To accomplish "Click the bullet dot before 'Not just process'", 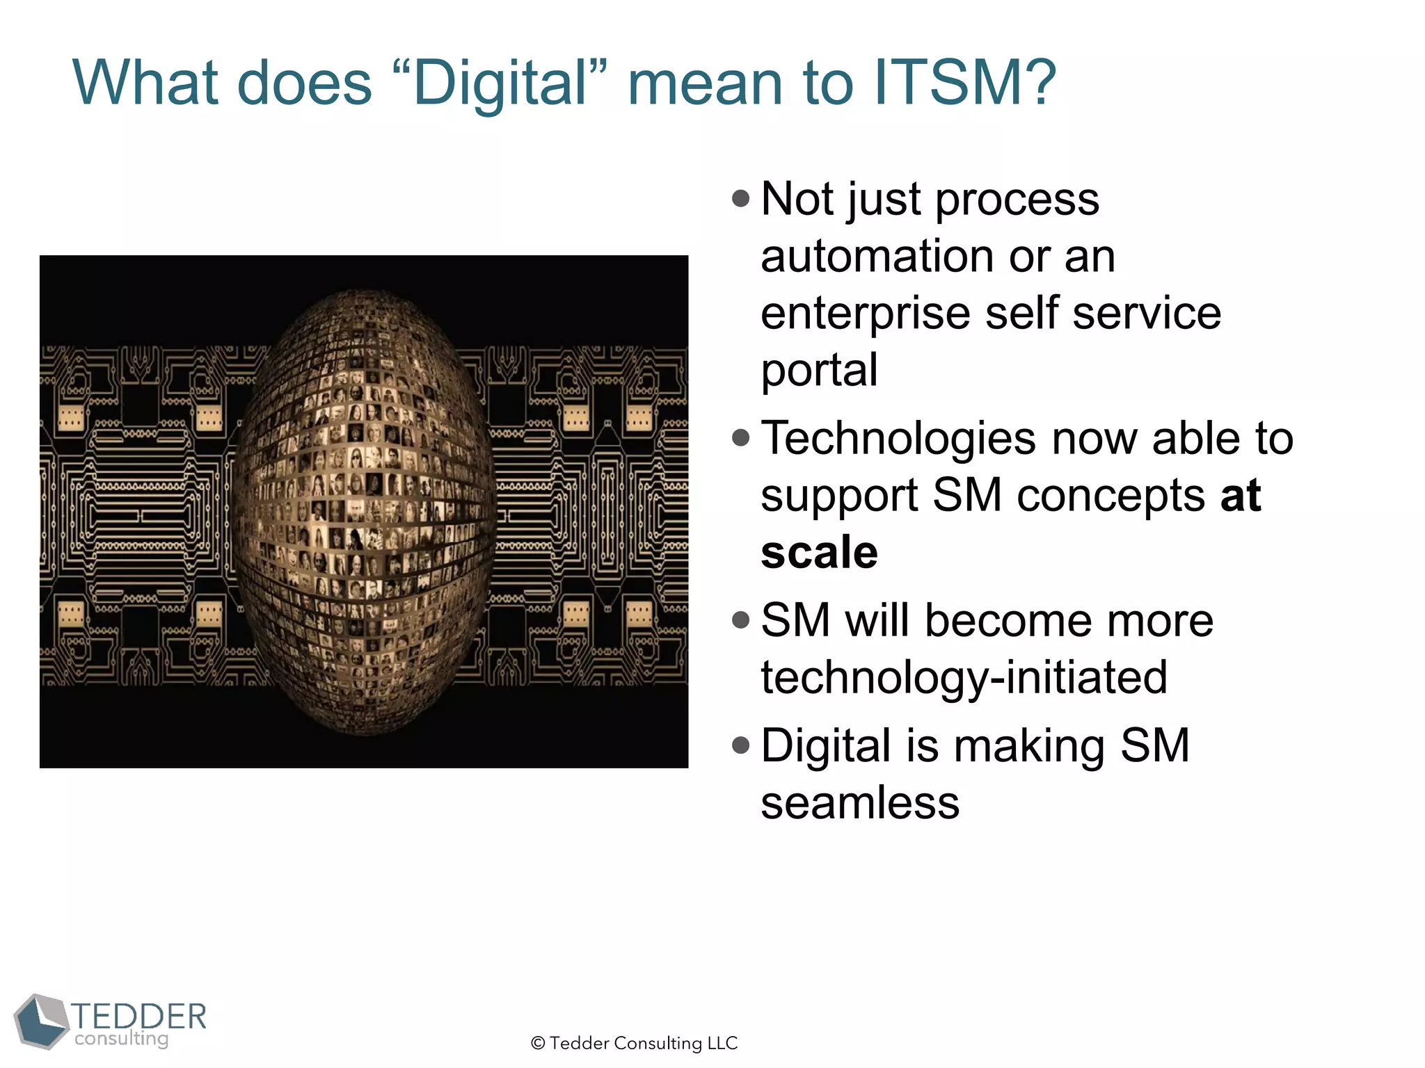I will pos(741,200).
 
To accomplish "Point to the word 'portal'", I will pos(819,371).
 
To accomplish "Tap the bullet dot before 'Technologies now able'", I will pos(741,438).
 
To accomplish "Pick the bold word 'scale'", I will pos(819,553).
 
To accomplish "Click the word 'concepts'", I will pos(1110,496).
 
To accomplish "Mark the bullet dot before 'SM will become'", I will pos(741,620).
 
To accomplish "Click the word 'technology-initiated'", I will pos(964,678).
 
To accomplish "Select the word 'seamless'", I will pos(860,804).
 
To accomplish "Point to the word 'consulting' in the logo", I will pos(122,1039).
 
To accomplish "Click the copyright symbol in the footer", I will pos(537,1044).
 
